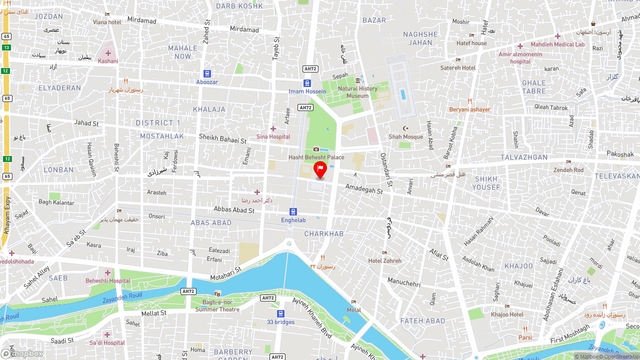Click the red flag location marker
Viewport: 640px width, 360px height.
click(x=320, y=169)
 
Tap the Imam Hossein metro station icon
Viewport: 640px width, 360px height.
click(x=307, y=83)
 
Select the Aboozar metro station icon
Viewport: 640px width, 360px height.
click(x=207, y=74)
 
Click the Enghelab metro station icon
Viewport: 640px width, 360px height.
click(x=293, y=212)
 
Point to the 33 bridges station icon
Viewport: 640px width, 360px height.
click(x=280, y=313)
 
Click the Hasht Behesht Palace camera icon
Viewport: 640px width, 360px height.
click(x=316, y=149)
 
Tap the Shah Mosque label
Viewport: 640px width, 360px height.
click(x=405, y=136)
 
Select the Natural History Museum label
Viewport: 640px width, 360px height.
click(x=357, y=92)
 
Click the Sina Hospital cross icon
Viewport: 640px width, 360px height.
click(x=273, y=129)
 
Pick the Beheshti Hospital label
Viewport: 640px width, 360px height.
click(x=107, y=280)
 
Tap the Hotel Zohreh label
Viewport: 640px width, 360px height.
click(x=384, y=260)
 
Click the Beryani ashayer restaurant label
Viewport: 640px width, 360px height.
click(x=469, y=109)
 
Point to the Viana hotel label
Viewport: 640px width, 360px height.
click(x=107, y=22)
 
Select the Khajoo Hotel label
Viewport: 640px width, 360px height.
click(x=507, y=314)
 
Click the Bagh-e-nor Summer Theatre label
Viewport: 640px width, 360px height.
click(x=217, y=306)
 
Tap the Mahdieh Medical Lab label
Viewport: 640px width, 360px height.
click(x=557, y=44)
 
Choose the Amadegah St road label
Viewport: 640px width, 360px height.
click(x=363, y=188)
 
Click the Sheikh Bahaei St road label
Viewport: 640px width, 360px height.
click(x=222, y=138)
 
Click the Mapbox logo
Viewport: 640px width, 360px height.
click(x=22, y=353)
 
